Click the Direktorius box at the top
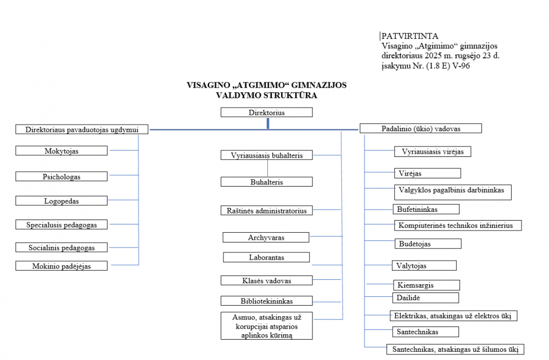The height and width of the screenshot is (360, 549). pos(266,113)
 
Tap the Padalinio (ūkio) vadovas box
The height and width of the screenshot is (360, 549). pos(421,128)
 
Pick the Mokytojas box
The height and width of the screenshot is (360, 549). pos(61,150)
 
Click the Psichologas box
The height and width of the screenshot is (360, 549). pos(61,177)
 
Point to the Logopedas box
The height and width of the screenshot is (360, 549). pos(61,201)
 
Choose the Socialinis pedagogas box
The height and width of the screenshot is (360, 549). pos(61,248)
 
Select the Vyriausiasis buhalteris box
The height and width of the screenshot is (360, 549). pos(267,155)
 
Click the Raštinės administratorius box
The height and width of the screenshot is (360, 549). pos(267,210)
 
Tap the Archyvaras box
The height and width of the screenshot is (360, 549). pos(266,238)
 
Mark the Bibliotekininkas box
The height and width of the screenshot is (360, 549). pos(266,301)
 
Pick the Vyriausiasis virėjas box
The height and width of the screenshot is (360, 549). pos(433,151)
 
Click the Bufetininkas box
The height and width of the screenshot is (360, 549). pos(426,209)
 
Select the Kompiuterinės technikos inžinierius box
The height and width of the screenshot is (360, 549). pos(457,226)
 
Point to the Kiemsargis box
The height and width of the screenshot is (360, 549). pos(426,285)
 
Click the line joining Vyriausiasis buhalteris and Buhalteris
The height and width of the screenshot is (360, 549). pos(267,168)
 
